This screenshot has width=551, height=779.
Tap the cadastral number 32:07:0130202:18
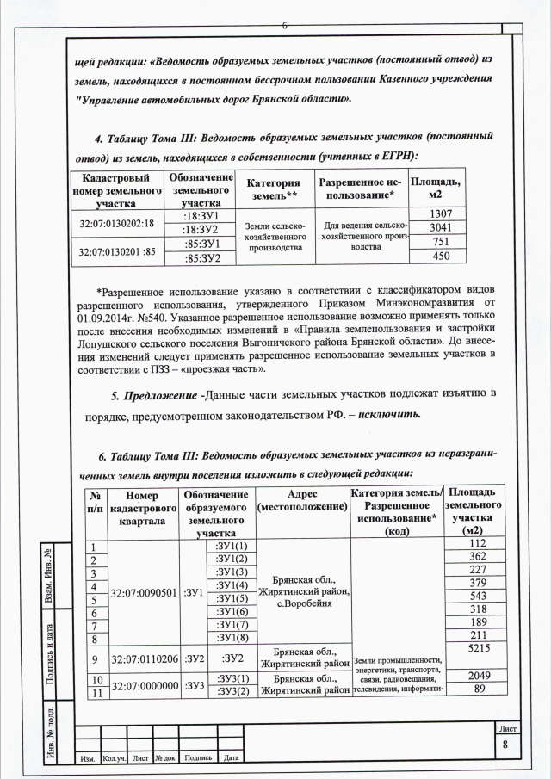click(x=116, y=223)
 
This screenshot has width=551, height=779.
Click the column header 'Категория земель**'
click(x=274, y=189)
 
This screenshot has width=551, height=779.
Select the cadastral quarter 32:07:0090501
click(x=144, y=593)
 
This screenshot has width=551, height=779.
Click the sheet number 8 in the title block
click(x=506, y=745)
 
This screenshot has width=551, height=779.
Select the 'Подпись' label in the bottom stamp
click(x=198, y=758)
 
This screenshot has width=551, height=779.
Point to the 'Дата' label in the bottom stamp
click(x=230, y=758)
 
